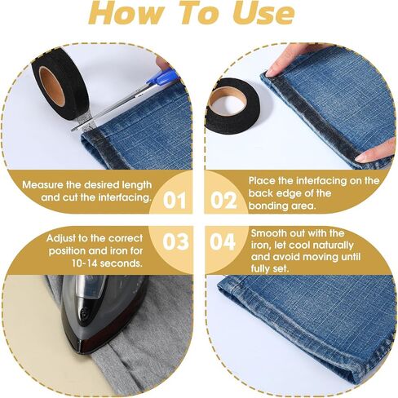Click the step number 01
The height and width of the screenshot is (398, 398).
click(175, 201)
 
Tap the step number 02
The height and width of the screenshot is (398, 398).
click(223, 201)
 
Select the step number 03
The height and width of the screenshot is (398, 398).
click(175, 241)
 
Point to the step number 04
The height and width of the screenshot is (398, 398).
click(223, 241)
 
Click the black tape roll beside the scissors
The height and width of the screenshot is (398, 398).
click(60, 84)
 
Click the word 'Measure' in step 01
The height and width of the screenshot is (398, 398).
click(42, 185)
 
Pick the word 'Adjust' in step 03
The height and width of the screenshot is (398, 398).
click(60, 238)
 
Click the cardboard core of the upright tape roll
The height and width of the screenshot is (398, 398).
click(52, 86)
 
